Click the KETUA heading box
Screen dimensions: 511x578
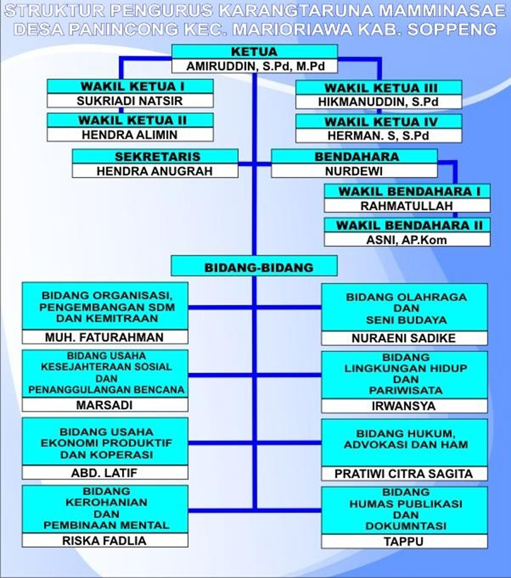tap(254, 51)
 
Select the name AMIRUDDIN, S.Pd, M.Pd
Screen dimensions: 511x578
tap(255, 66)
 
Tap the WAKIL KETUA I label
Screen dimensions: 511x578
tap(133, 87)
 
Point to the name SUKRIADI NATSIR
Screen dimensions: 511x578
tap(130, 101)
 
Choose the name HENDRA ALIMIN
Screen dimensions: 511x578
tap(130, 135)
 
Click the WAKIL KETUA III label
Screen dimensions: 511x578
tap(381, 88)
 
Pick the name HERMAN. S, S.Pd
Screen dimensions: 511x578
tap(378, 136)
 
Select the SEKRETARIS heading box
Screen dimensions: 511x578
tap(155, 156)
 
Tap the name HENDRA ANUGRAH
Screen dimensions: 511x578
tap(155, 171)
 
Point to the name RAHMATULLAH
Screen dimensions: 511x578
tap(407, 206)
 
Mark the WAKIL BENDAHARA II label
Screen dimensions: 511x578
tap(410, 226)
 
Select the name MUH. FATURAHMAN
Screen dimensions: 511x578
tap(104, 338)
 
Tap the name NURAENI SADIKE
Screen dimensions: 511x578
tap(404, 338)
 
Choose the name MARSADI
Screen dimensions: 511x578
tap(104, 405)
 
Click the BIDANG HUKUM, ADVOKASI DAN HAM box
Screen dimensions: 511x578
tap(405, 443)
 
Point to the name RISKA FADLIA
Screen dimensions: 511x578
tap(104, 541)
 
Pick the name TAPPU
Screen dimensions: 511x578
tap(404, 542)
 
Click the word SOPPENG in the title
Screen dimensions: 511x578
tap(452, 29)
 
